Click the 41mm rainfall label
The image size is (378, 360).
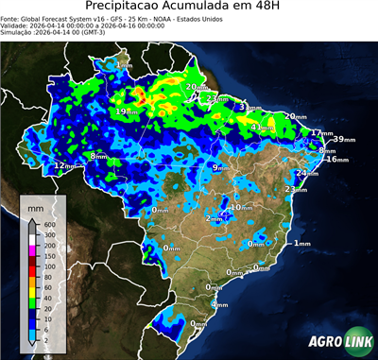click(x=269, y=127)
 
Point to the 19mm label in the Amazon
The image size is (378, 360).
click(x=125, y=112)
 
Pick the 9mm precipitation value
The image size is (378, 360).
click(x=217, y=168)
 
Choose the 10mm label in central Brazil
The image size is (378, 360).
click(x=242, y=207)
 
